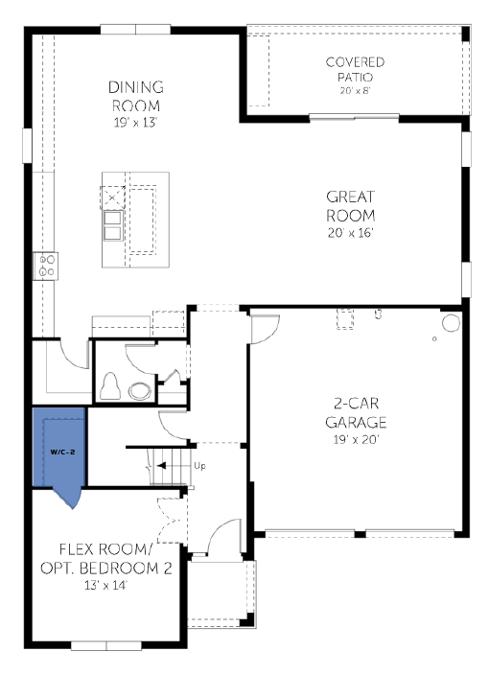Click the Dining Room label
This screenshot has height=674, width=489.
(x=136, y=96)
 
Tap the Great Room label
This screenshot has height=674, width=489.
(x=351, y=206)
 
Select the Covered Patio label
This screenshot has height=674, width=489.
(x=355, y=69)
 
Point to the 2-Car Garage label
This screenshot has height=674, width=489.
(x=356, y=413)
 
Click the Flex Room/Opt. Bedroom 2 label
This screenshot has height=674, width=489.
(x=106, y=559)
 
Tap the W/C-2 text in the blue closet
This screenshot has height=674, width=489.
(x=62, y=452)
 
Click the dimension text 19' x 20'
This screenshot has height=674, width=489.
(x=356, y=439)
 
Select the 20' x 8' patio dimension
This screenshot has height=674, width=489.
(x=355, y=91)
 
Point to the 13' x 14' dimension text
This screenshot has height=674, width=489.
(x=105, y=585)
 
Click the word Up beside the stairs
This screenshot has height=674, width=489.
(x=199, y=466)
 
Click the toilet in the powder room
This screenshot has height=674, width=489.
(x=109, y=386)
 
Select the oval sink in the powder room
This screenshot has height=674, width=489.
(x=140, y=391)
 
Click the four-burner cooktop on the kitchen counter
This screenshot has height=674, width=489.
(x=46, y=267)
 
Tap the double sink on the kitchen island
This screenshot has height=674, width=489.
(x=112, y=226)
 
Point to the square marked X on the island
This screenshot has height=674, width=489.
(x=112, y=198)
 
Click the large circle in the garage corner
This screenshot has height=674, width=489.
(x=452, y=323)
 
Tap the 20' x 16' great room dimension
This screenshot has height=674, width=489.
(x=351, y=233)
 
